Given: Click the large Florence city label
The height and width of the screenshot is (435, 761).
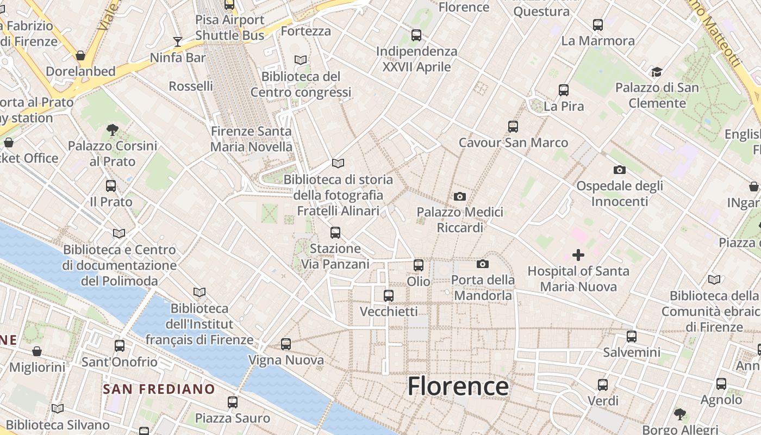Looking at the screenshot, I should click(x=458, y=387).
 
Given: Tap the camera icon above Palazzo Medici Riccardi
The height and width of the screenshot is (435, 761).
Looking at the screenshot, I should click(x=460, y=196).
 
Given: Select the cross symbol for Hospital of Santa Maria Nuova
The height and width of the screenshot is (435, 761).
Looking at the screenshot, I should click(x=578, y=254).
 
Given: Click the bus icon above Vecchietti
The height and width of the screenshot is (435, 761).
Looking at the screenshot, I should click(x=389, y=296).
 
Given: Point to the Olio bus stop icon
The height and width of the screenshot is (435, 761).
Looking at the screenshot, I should click(x=419, y=265).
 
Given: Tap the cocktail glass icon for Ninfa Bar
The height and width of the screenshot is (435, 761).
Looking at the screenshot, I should click(x=177, y=41).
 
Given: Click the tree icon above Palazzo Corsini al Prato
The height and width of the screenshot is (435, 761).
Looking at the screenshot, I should click(x=113, y=130).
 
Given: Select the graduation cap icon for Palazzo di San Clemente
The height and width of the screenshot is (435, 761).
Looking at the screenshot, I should click(x=657, y=72).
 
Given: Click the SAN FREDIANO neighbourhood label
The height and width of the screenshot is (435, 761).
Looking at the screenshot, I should click(x=159, y=389).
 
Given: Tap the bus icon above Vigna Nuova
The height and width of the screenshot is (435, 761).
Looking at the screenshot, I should click(x=286, y=344).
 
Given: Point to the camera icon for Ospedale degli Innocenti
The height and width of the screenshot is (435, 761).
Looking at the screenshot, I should click(x=619, y=170).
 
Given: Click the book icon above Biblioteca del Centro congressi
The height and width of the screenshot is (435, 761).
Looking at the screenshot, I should click(x=301, y=60).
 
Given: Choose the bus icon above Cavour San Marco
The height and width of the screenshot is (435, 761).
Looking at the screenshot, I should click(x=513, y=127).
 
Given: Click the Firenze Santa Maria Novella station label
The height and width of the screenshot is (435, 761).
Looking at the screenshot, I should click(x=251, y=139).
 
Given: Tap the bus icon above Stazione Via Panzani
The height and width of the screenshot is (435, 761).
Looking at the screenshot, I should click(x=335, y=233).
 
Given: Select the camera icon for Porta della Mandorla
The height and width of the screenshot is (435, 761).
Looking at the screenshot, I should click(x=482, y=264).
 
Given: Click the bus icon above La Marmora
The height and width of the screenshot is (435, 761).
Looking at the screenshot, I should click(x=598, y=25).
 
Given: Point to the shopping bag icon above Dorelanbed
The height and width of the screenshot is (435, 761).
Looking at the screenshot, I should click(x=80, y=55).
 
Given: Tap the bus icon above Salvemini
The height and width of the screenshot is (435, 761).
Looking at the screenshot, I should click(x=631, y=337).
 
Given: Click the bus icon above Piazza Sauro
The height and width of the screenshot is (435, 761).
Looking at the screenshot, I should click(x=233, y=402).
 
